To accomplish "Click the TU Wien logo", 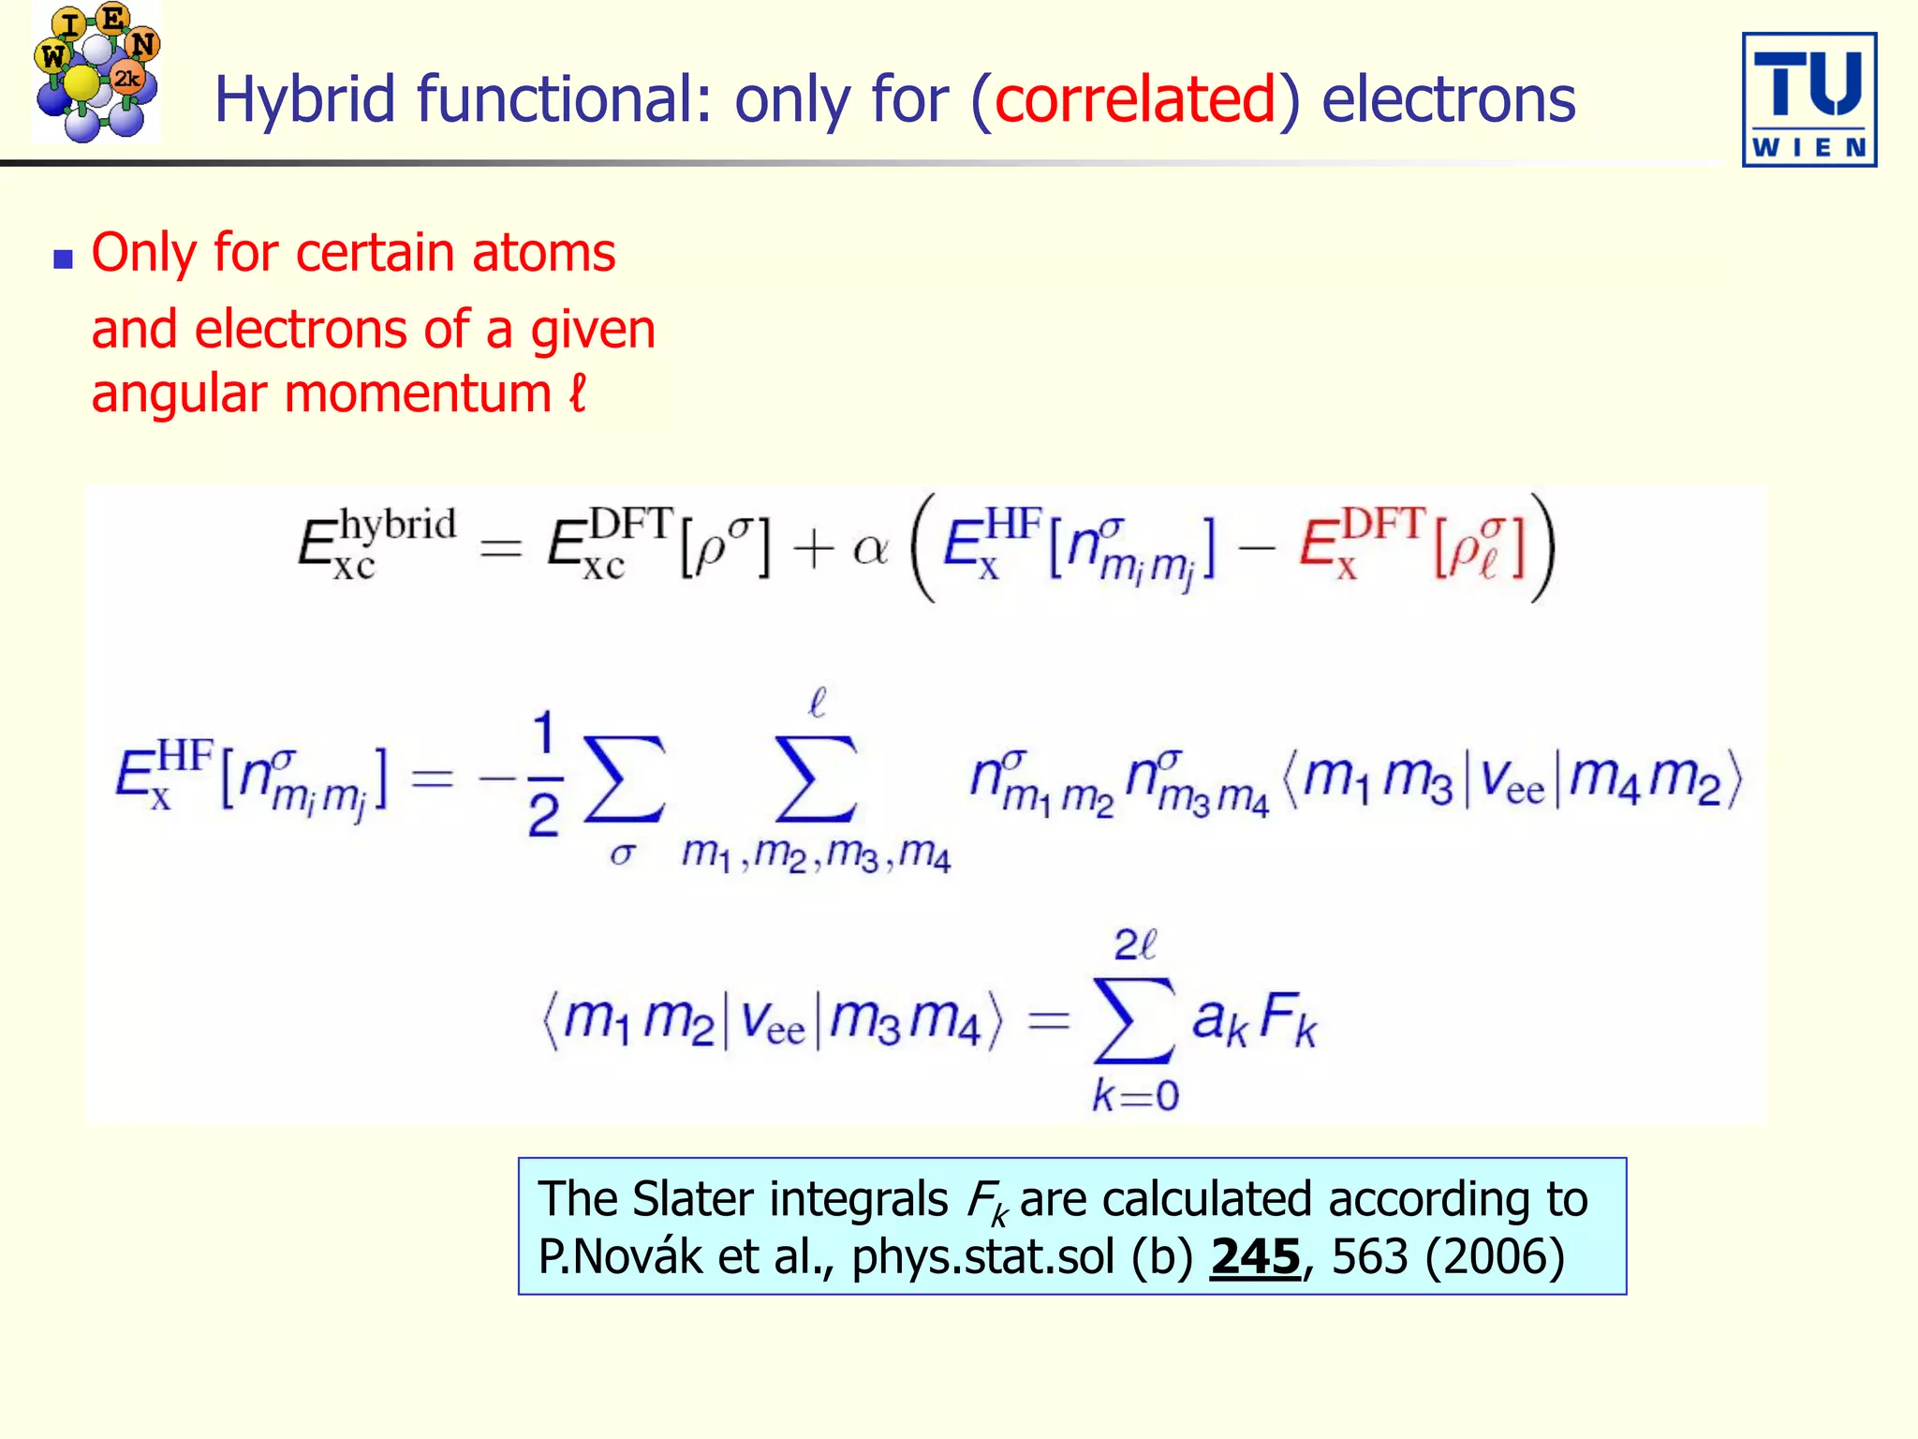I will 1808,99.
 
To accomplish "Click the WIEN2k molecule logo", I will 96,73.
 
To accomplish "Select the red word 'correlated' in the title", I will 1135,98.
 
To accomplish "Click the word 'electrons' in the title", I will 1448,100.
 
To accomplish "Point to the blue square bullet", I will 63,260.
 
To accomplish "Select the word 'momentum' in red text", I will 418,393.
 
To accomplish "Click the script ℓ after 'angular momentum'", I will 578,393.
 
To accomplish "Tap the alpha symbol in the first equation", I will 870,548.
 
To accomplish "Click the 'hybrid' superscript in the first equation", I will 397,526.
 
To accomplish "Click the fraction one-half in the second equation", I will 543,774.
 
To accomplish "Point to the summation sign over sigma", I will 623,780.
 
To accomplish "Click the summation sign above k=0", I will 1133,1020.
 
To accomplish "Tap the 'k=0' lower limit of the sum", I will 1135,1094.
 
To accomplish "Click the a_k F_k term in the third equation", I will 1254,1019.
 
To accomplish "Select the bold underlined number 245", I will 1255,1257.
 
